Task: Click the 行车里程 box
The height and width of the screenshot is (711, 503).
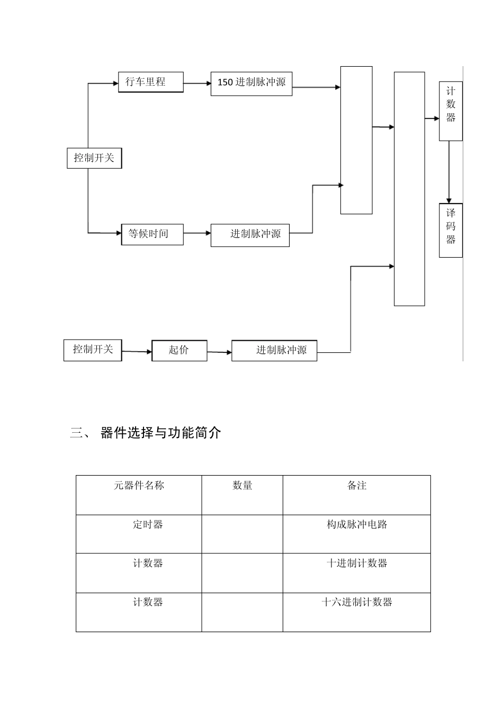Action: click(150, 83)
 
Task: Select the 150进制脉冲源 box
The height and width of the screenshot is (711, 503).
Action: click(251, 83)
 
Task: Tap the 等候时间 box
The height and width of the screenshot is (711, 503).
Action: click(152, 234)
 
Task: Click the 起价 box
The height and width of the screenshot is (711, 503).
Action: click(179, 350)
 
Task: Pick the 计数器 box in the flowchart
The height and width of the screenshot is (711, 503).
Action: click(451, 111)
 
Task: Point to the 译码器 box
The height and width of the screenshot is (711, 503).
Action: click(451, 230)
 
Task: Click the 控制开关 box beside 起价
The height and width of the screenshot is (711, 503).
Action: click(93, 350)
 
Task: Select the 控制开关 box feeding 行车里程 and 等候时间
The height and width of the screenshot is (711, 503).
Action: click(94, 158)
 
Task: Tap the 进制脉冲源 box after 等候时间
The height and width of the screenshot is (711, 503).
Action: click(250, 235)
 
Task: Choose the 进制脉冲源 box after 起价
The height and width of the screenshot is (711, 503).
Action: click(274, 350)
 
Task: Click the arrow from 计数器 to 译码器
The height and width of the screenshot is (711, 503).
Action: click(449, 172)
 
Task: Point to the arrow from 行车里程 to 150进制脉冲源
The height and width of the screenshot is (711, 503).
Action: click(197, 83)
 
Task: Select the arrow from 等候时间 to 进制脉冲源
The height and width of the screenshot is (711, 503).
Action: click(197, 233)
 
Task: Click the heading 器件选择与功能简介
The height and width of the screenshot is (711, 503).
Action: click(160, 433)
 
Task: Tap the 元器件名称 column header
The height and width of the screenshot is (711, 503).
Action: click(139, 486)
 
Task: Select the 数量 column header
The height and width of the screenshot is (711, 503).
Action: click(242, 486)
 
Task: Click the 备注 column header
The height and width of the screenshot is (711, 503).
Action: click(357, 486)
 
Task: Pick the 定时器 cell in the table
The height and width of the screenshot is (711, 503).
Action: click(148, 525)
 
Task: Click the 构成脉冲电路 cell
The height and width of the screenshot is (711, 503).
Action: click(357, 525)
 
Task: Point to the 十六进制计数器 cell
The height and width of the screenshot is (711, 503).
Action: click(357, 603)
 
